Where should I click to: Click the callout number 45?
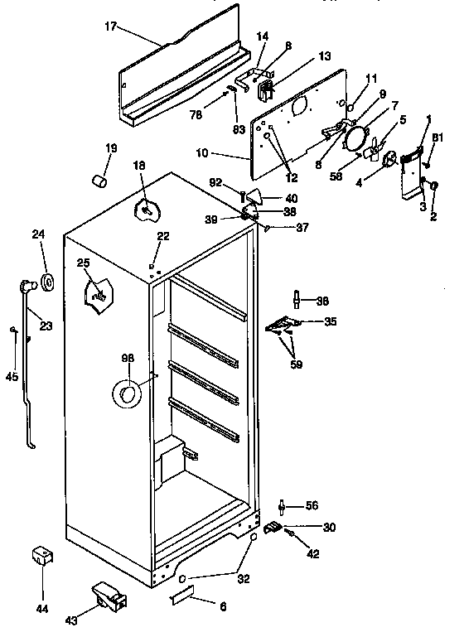[x=11, y=377]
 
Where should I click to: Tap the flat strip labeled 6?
[x=183, y=594]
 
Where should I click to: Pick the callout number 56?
[x=312, y=505]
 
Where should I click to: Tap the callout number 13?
[x=324, y=56]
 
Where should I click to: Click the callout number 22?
[x=163, y=236]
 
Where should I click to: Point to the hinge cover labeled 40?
[x=256, y=196]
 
